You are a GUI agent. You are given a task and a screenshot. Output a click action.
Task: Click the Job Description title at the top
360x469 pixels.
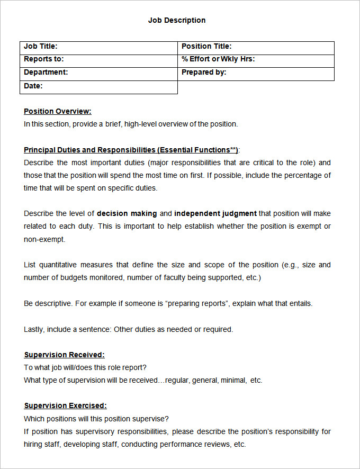[177, 20]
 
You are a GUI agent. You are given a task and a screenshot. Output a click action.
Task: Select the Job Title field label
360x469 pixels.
[41, 47]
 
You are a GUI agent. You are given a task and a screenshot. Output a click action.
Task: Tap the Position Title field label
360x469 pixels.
[206, 47]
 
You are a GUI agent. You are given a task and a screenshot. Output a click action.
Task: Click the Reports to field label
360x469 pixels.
[43, 59]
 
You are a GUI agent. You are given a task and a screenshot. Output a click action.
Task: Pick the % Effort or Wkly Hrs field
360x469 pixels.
[218, 59]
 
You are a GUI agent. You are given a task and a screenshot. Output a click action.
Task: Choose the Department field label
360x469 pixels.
[46, 73]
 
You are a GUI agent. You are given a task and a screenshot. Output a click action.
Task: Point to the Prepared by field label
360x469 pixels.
[204, 73]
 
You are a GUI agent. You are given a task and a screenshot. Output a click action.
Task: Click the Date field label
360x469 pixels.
[33, 86]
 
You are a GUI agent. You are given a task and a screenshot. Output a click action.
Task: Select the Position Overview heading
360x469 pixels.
[58, 111]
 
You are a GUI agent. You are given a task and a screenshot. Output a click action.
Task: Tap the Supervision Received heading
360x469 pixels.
[64, 355]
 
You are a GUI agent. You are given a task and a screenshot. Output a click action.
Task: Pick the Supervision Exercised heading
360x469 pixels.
[65, 405]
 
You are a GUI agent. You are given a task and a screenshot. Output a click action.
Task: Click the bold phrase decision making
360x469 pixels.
[127, 214]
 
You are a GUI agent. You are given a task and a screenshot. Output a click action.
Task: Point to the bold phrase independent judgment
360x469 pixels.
[215, 214]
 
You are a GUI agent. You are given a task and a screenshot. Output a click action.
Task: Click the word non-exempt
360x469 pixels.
[44, 239]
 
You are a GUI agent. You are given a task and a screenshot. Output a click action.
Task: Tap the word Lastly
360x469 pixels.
[33, 329]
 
